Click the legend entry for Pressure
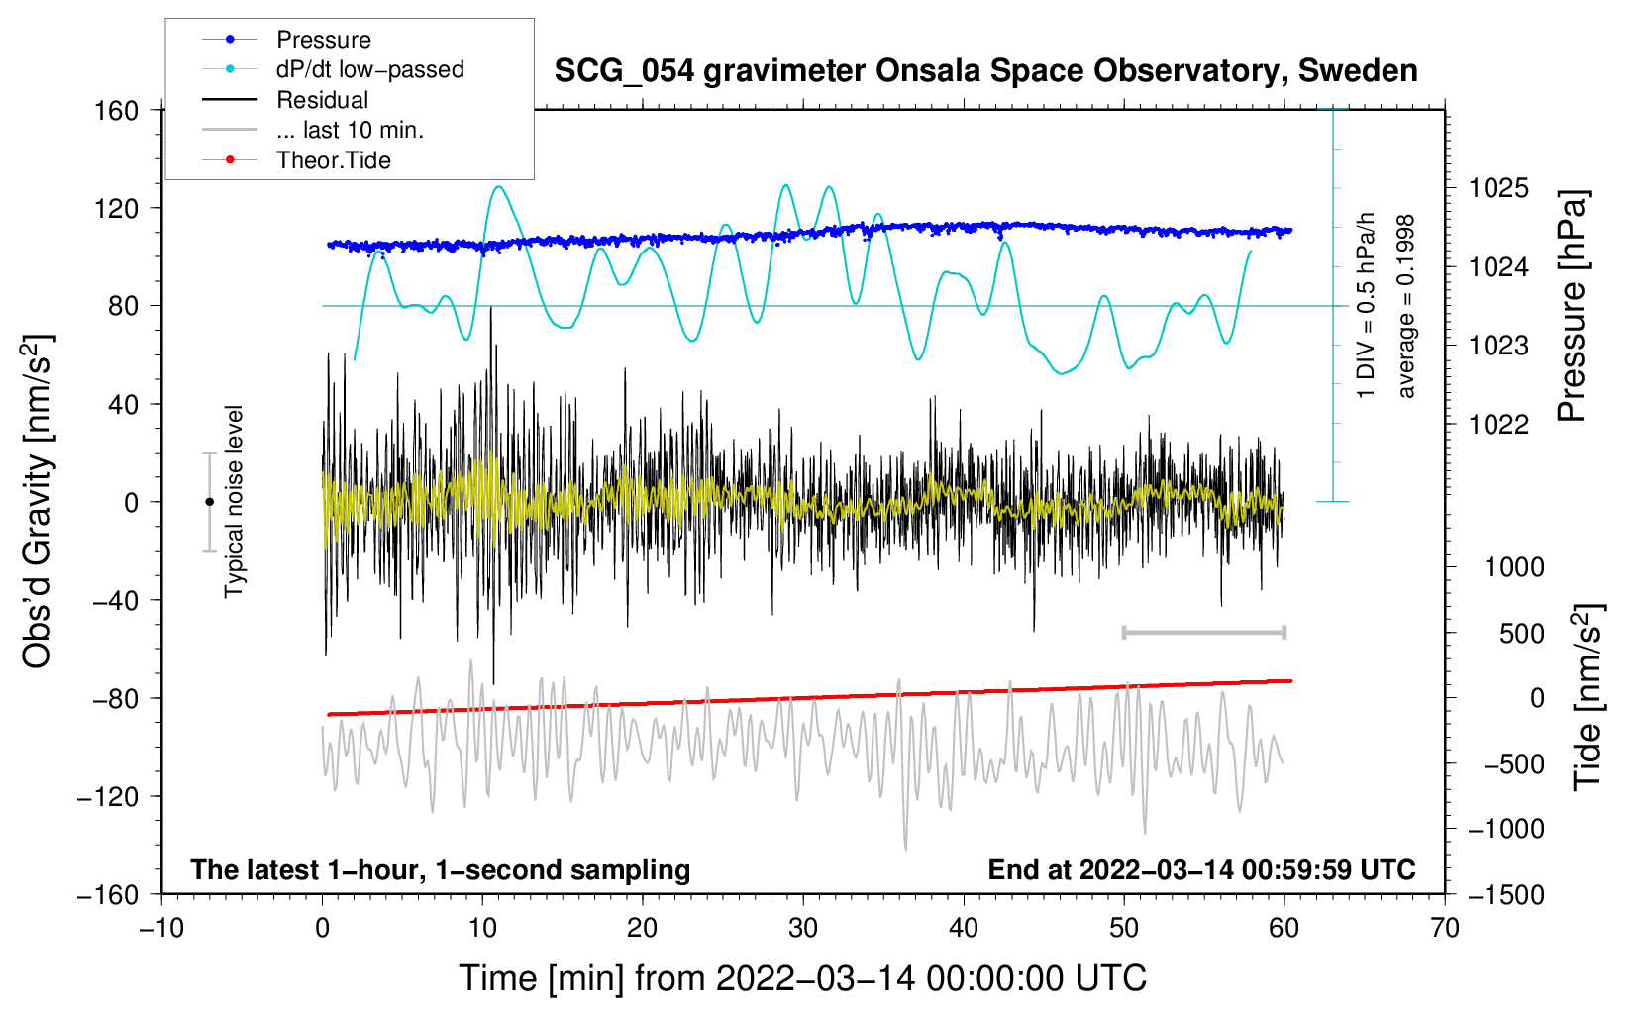(323, 40)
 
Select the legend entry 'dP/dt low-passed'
(369, 69)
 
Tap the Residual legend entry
(322, 100)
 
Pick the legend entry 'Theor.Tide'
(333, 160)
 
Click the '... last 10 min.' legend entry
(350, 130)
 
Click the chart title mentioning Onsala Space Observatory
(985, 71)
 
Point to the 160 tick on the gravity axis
(117, 110)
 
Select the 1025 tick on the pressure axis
(1498, 188)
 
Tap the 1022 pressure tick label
(1498, 425)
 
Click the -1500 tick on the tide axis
(1505, 894)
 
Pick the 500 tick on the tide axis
(1521, 634)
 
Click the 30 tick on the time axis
(803, 929)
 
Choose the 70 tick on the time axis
(1445, 929)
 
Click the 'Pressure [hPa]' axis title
(1573, 307)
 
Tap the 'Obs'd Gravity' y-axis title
(38, 502)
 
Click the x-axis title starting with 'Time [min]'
(803, 978)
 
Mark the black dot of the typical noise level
(209, 502)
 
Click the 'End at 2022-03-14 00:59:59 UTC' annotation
(1201, 869)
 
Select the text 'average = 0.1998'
(1406, 307)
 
